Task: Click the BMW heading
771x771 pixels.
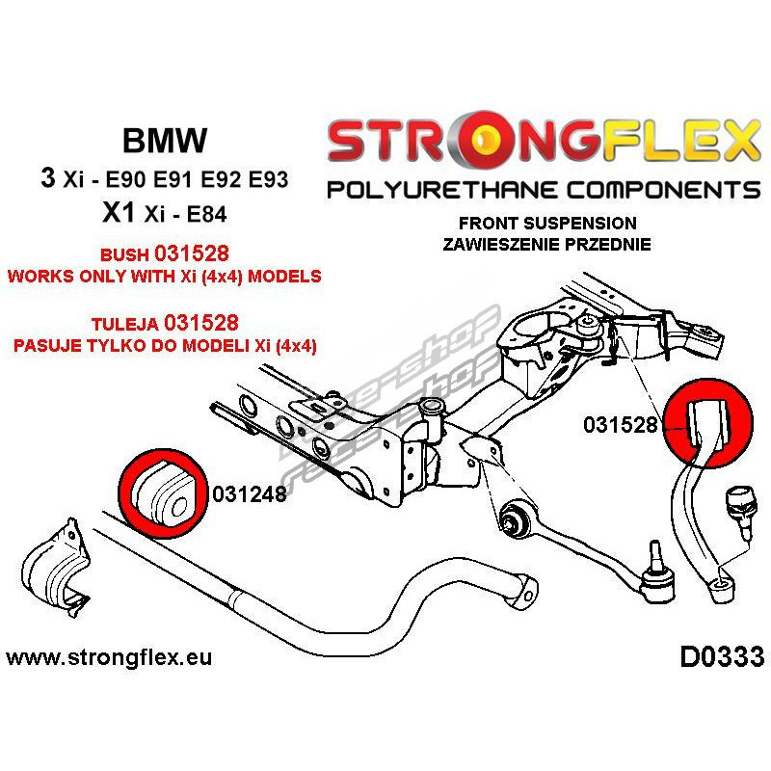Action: pyautogui.click(x=164, y=141)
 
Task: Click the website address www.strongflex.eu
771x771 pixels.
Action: pyautogui.click(x=109, y=659)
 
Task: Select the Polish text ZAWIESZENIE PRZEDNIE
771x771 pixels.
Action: pyautogui.click(x=546, y=244)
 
